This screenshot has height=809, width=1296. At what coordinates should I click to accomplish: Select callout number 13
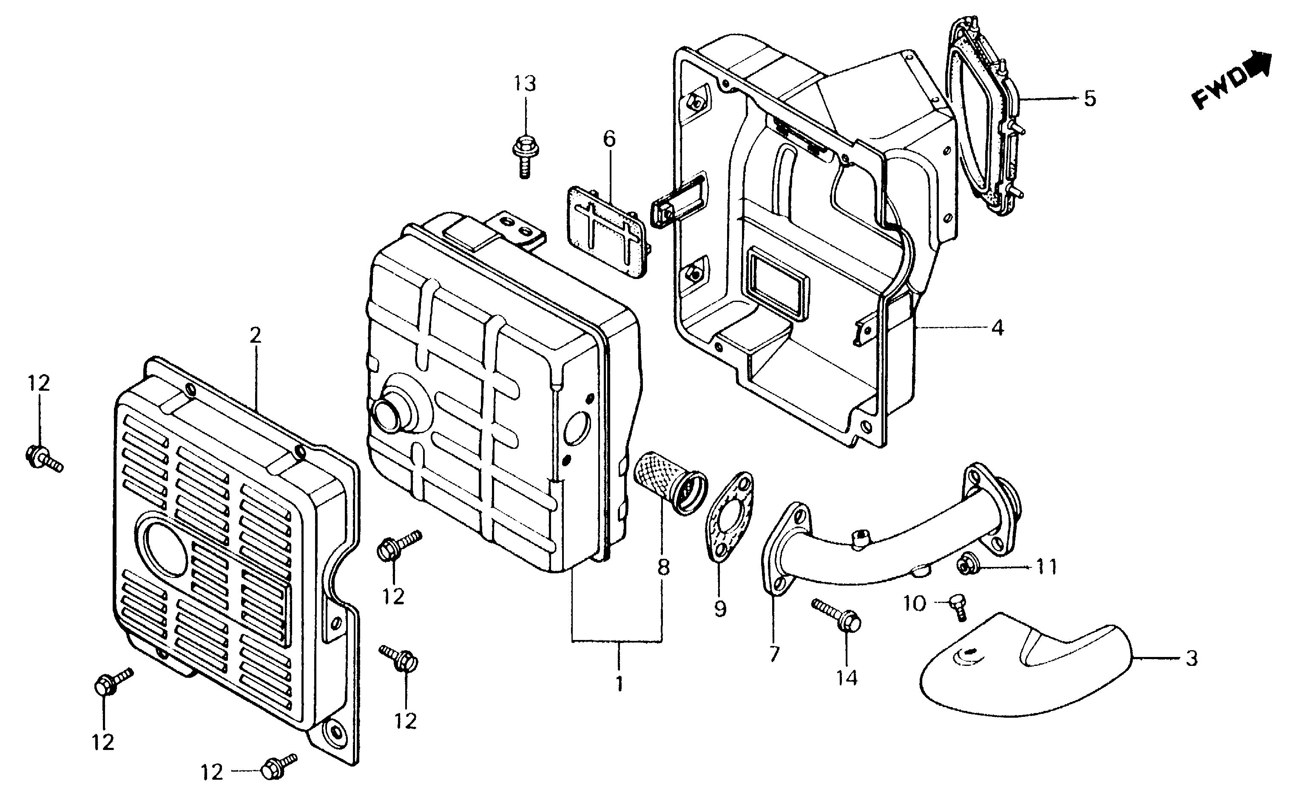(525, 84)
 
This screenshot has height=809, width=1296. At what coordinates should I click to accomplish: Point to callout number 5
(1089, 99)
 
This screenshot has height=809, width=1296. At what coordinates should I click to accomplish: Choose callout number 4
(997, 327)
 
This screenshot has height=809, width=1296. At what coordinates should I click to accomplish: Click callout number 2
(255, 335)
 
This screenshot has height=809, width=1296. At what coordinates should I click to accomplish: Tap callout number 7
(774, 654)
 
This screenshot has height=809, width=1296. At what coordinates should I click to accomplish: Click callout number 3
(1191, 658)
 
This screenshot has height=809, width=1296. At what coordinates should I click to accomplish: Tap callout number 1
(619, 683)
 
